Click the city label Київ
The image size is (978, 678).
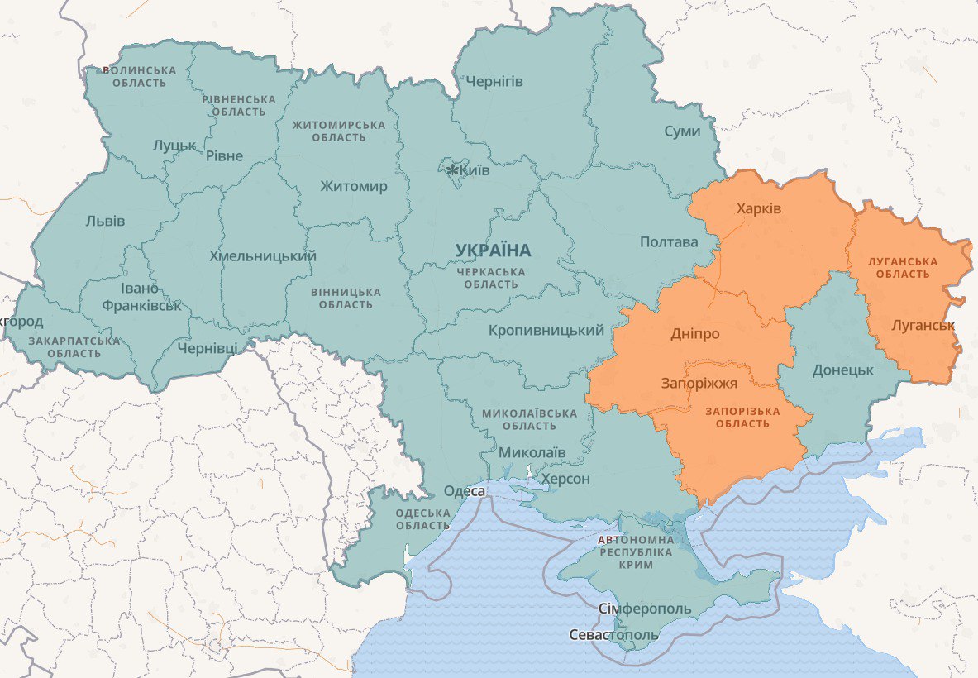click(475, 170)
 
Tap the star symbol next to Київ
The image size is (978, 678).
click(452, 169)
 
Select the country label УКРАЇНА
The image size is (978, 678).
click(493, 250)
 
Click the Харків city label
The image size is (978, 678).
click(759, 208)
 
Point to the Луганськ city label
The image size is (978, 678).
click(923, 325)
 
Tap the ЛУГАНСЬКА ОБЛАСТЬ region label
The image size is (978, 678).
click(902, 267)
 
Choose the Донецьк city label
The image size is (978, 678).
click(842, 370)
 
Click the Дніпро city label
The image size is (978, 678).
click(694, 334)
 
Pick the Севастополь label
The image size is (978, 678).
click(613, 635)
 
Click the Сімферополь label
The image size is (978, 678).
click(644, 609)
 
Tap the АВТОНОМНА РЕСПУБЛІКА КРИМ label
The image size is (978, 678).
click(635, 551)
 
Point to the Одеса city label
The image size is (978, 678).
click(465, 491)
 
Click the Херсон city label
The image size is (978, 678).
click(565, 480)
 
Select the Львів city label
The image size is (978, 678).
click(105, 221)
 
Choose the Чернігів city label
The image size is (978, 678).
click(494, 81)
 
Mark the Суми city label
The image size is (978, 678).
click(682, 131)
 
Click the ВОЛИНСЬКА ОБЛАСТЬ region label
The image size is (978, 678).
click(139, 76)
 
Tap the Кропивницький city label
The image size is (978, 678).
click(546, 330)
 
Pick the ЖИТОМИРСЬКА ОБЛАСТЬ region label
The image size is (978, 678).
click(339, 131)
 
